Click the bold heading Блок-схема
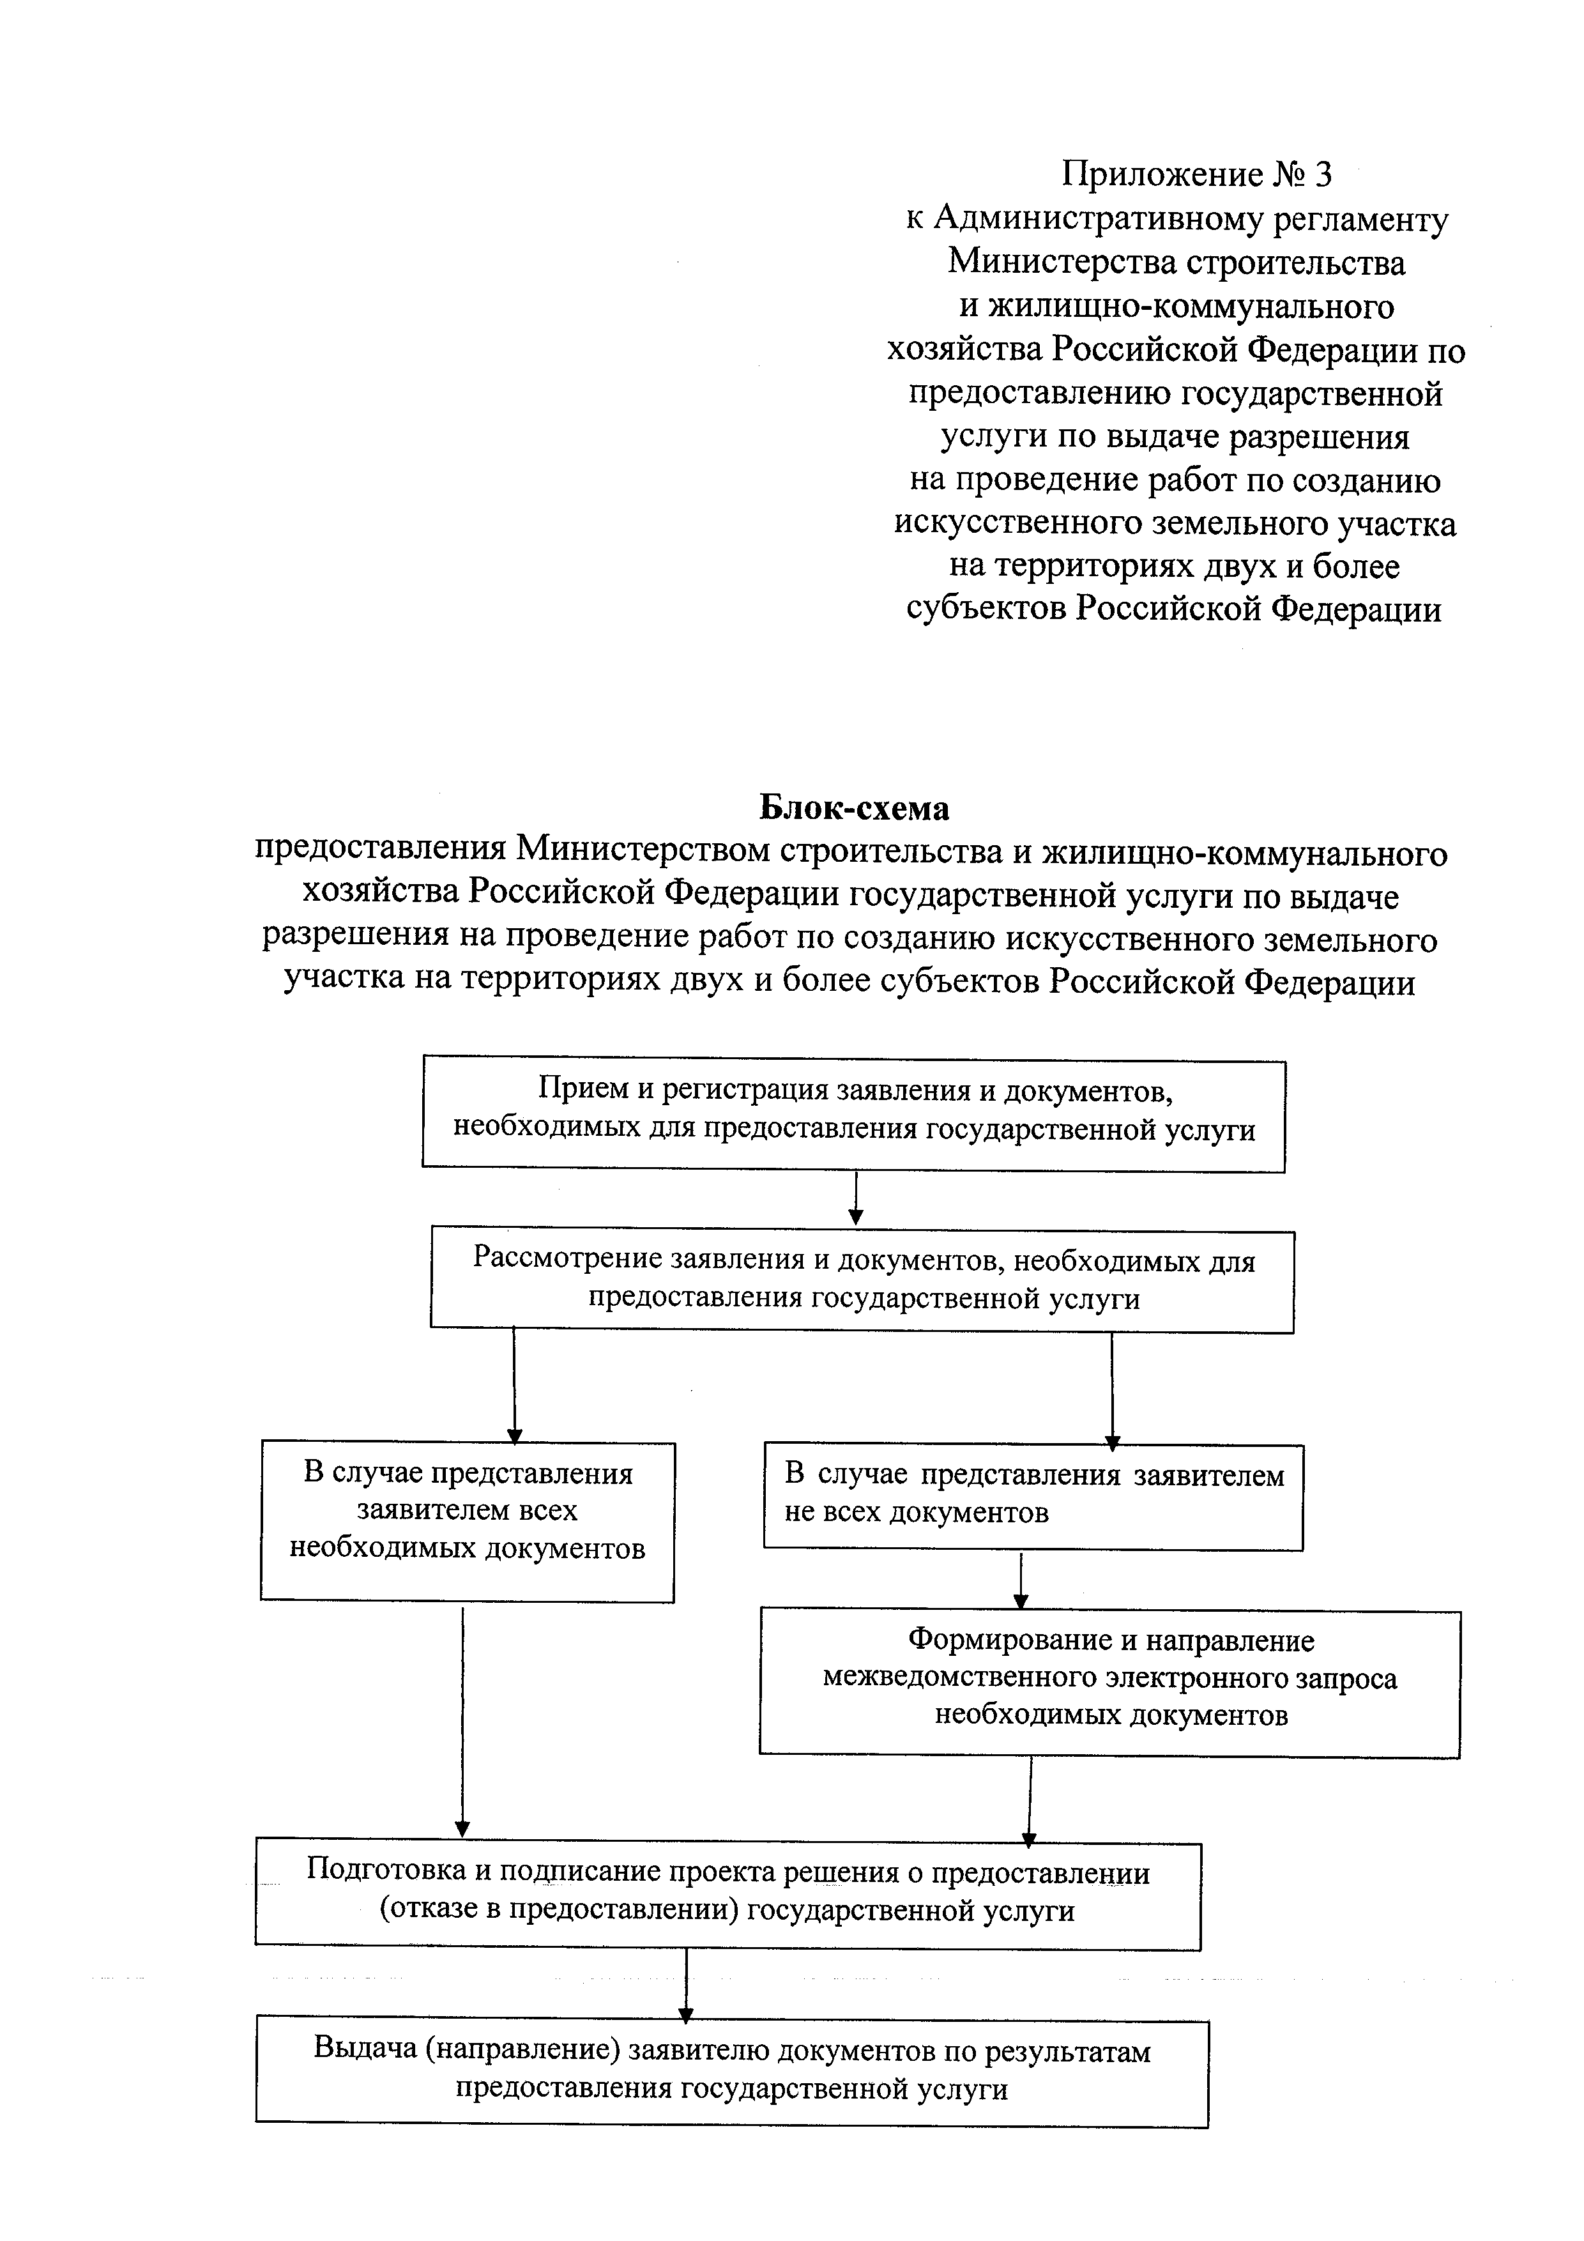[x=854, y=808]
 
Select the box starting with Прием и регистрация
[x=854, y=1115]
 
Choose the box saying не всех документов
[x=1033, y=1496]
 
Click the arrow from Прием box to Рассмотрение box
[x=856, y=1200]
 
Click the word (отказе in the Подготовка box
[x=425, y=1910]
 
